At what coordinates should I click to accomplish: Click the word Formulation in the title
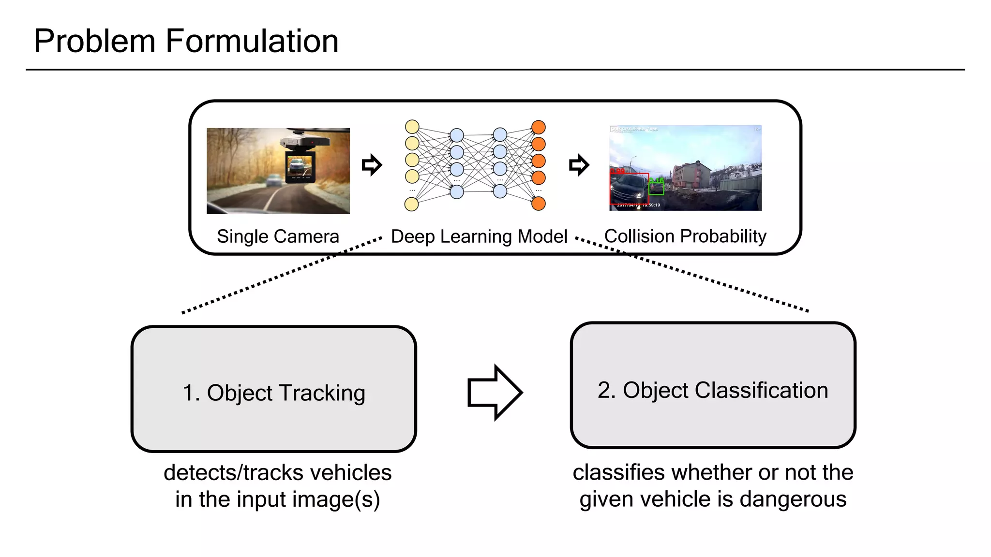[252, 41]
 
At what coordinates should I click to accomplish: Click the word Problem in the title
[94, 41]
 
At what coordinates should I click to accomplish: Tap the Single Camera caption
[278, 236]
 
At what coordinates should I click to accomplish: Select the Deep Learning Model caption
[479, 236]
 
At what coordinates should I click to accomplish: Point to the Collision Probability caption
[685, 236]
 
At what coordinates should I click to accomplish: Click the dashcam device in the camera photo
[301, 160]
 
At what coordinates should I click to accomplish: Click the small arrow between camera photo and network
[372, 165]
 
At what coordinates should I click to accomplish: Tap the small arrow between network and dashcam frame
[579, 165]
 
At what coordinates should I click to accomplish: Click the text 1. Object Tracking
[274, 393]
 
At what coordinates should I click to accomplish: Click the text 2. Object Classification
[713, 390]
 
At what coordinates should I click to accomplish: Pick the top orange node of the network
[539, 127]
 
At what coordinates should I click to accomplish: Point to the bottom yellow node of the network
[411, 205]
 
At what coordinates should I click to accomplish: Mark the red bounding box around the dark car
[629, 188]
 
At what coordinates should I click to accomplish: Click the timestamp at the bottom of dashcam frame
[638, 205]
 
